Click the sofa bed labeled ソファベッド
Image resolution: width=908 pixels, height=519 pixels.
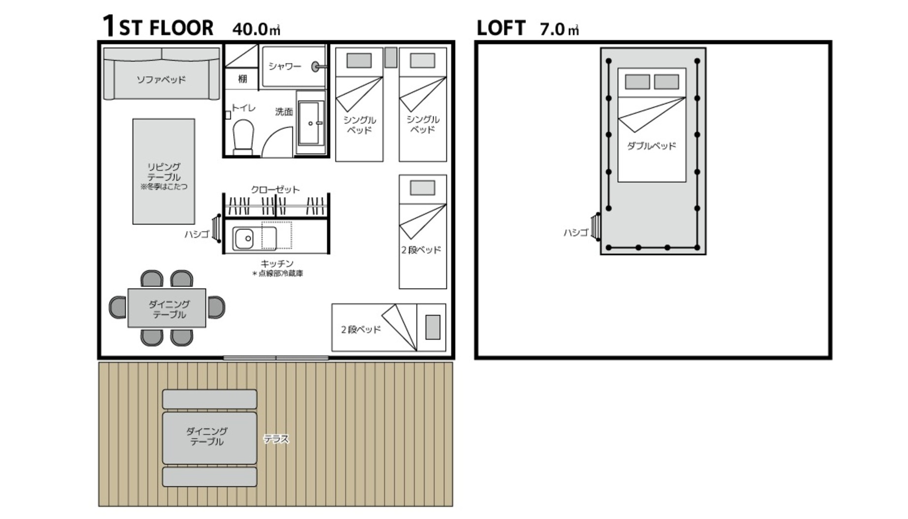pos(162,74)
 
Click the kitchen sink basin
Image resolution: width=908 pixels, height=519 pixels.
pos(244,239)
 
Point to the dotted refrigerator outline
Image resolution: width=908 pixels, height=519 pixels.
pos(277,236)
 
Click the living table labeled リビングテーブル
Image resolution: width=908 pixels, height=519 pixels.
pos(164,172)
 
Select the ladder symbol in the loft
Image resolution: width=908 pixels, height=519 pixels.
pos(596,227)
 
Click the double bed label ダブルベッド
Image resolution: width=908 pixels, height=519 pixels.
pos(651,146)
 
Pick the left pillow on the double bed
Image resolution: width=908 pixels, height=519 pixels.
pos(637,82)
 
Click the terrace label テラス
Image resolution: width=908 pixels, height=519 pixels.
pos(276,439)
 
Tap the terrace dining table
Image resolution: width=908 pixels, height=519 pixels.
pos(210,438)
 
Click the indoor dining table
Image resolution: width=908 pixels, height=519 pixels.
pos(167,308)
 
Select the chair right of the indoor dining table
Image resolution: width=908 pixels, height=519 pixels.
pos(216,308)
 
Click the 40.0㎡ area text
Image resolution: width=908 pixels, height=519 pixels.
pos(256,29)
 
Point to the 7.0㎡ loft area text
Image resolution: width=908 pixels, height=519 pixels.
pos(559,29)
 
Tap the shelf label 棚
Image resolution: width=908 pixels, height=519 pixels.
pos(243,79)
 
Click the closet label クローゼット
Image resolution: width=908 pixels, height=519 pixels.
pos(275,189)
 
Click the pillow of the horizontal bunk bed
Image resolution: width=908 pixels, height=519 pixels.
pos(433,327)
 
